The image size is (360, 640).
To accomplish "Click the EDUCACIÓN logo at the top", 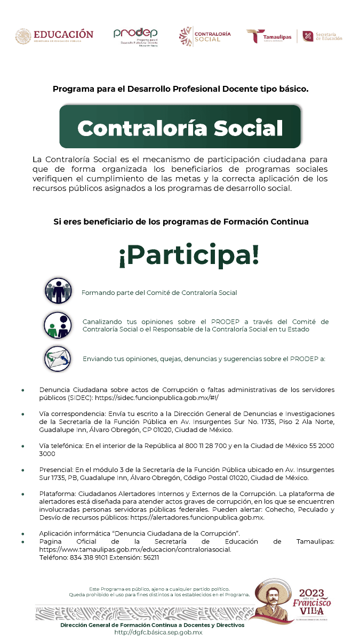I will tap(54, 36).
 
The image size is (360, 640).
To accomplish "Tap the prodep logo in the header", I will tap(135, 36).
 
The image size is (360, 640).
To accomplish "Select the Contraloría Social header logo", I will tap(205, 36).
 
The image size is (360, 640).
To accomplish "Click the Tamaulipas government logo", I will tap(269, 36).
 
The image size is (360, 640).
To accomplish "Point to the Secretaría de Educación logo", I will tap(322, 36).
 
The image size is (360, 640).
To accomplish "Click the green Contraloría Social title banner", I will tap(180, 127).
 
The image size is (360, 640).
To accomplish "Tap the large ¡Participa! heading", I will tap(189, 255).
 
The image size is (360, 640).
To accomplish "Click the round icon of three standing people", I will tap(58, 291).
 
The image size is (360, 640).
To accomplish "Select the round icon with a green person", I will tap(58, 325).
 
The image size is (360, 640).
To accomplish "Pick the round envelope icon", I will tap(58, 358).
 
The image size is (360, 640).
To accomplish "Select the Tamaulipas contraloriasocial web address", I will tap(135, 549).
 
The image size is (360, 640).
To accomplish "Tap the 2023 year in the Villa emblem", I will tap(311, 593).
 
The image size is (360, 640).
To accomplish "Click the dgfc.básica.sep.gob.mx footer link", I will tap(158, 632).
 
